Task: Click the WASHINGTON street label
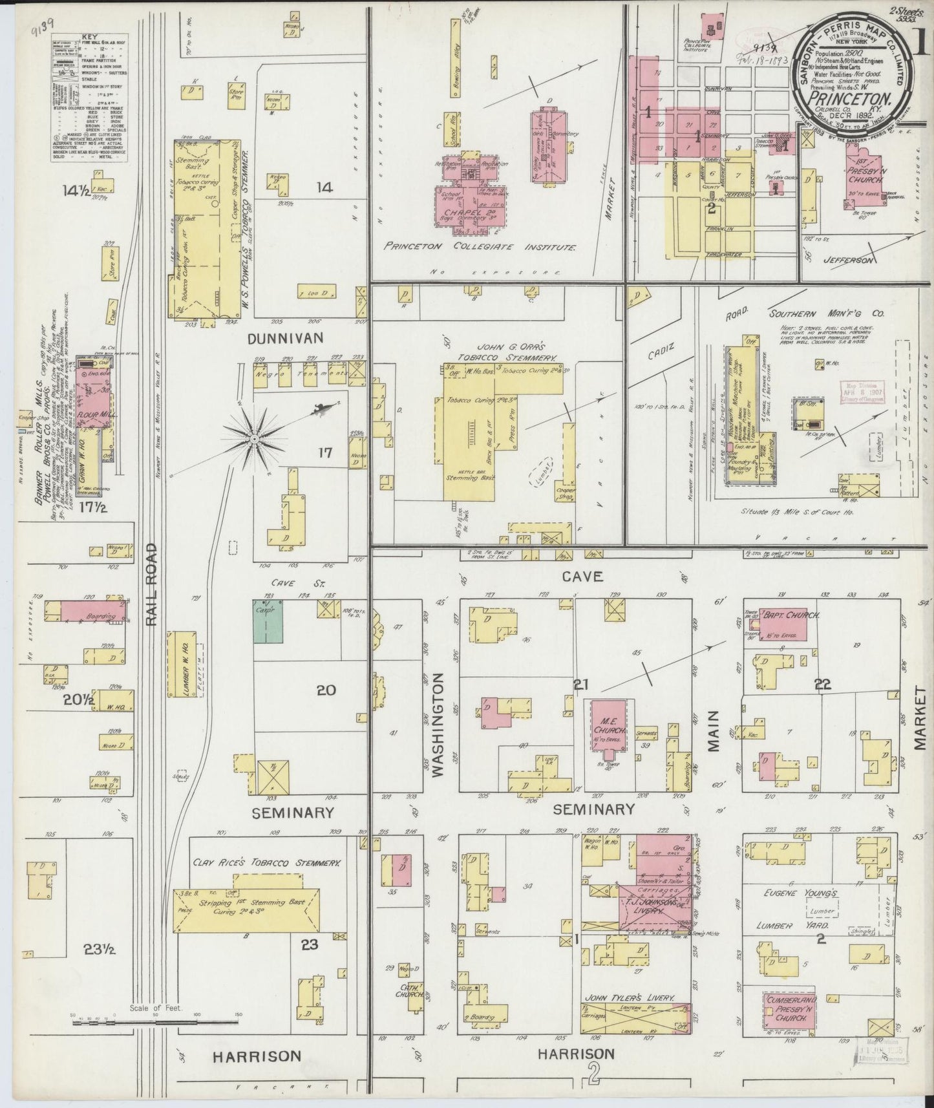[440, 724]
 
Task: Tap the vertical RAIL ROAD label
[151, 584]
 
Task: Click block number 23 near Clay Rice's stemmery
[309, 944]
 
